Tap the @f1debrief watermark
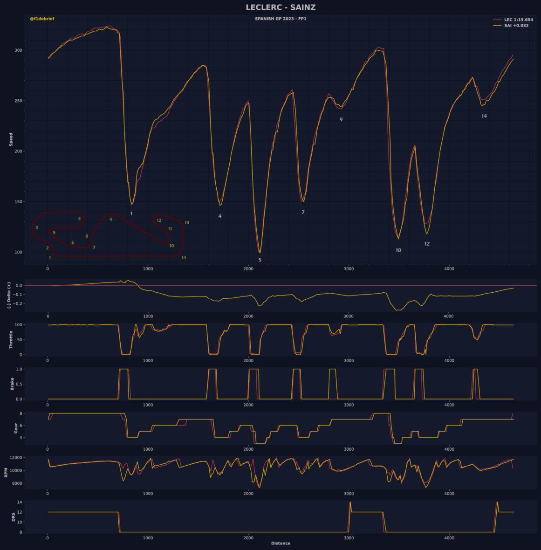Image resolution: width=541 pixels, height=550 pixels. pyautogui.click(x=42, y=19)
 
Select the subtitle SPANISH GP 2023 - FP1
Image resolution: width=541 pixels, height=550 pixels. pyautogui.click(x=281, y=19)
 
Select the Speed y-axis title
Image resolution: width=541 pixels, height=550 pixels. pyautogui.click(x=11, y=139)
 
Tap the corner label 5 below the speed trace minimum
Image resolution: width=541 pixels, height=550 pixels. pyautogui.click(x=260, y=260)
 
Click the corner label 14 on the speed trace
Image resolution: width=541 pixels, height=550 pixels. pyautogui.click(x=484, y=116)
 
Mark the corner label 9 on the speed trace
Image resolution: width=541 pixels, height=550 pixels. pyautogui.click(x=341, y=120)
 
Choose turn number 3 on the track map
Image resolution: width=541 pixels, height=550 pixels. pyautogui.click(x=36, y=228)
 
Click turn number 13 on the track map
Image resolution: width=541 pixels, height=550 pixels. pyautogui.click(x=187, y=223)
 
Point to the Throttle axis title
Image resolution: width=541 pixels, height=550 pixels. pyautogui.click(x=11, y=340)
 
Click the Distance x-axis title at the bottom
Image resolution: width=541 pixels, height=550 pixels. pyautogui.click(x=281, y=543)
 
